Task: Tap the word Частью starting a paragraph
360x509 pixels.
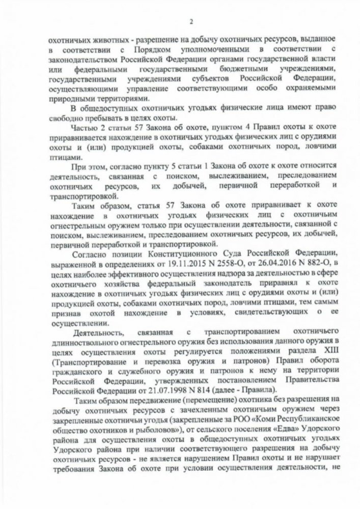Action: [83, 126]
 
